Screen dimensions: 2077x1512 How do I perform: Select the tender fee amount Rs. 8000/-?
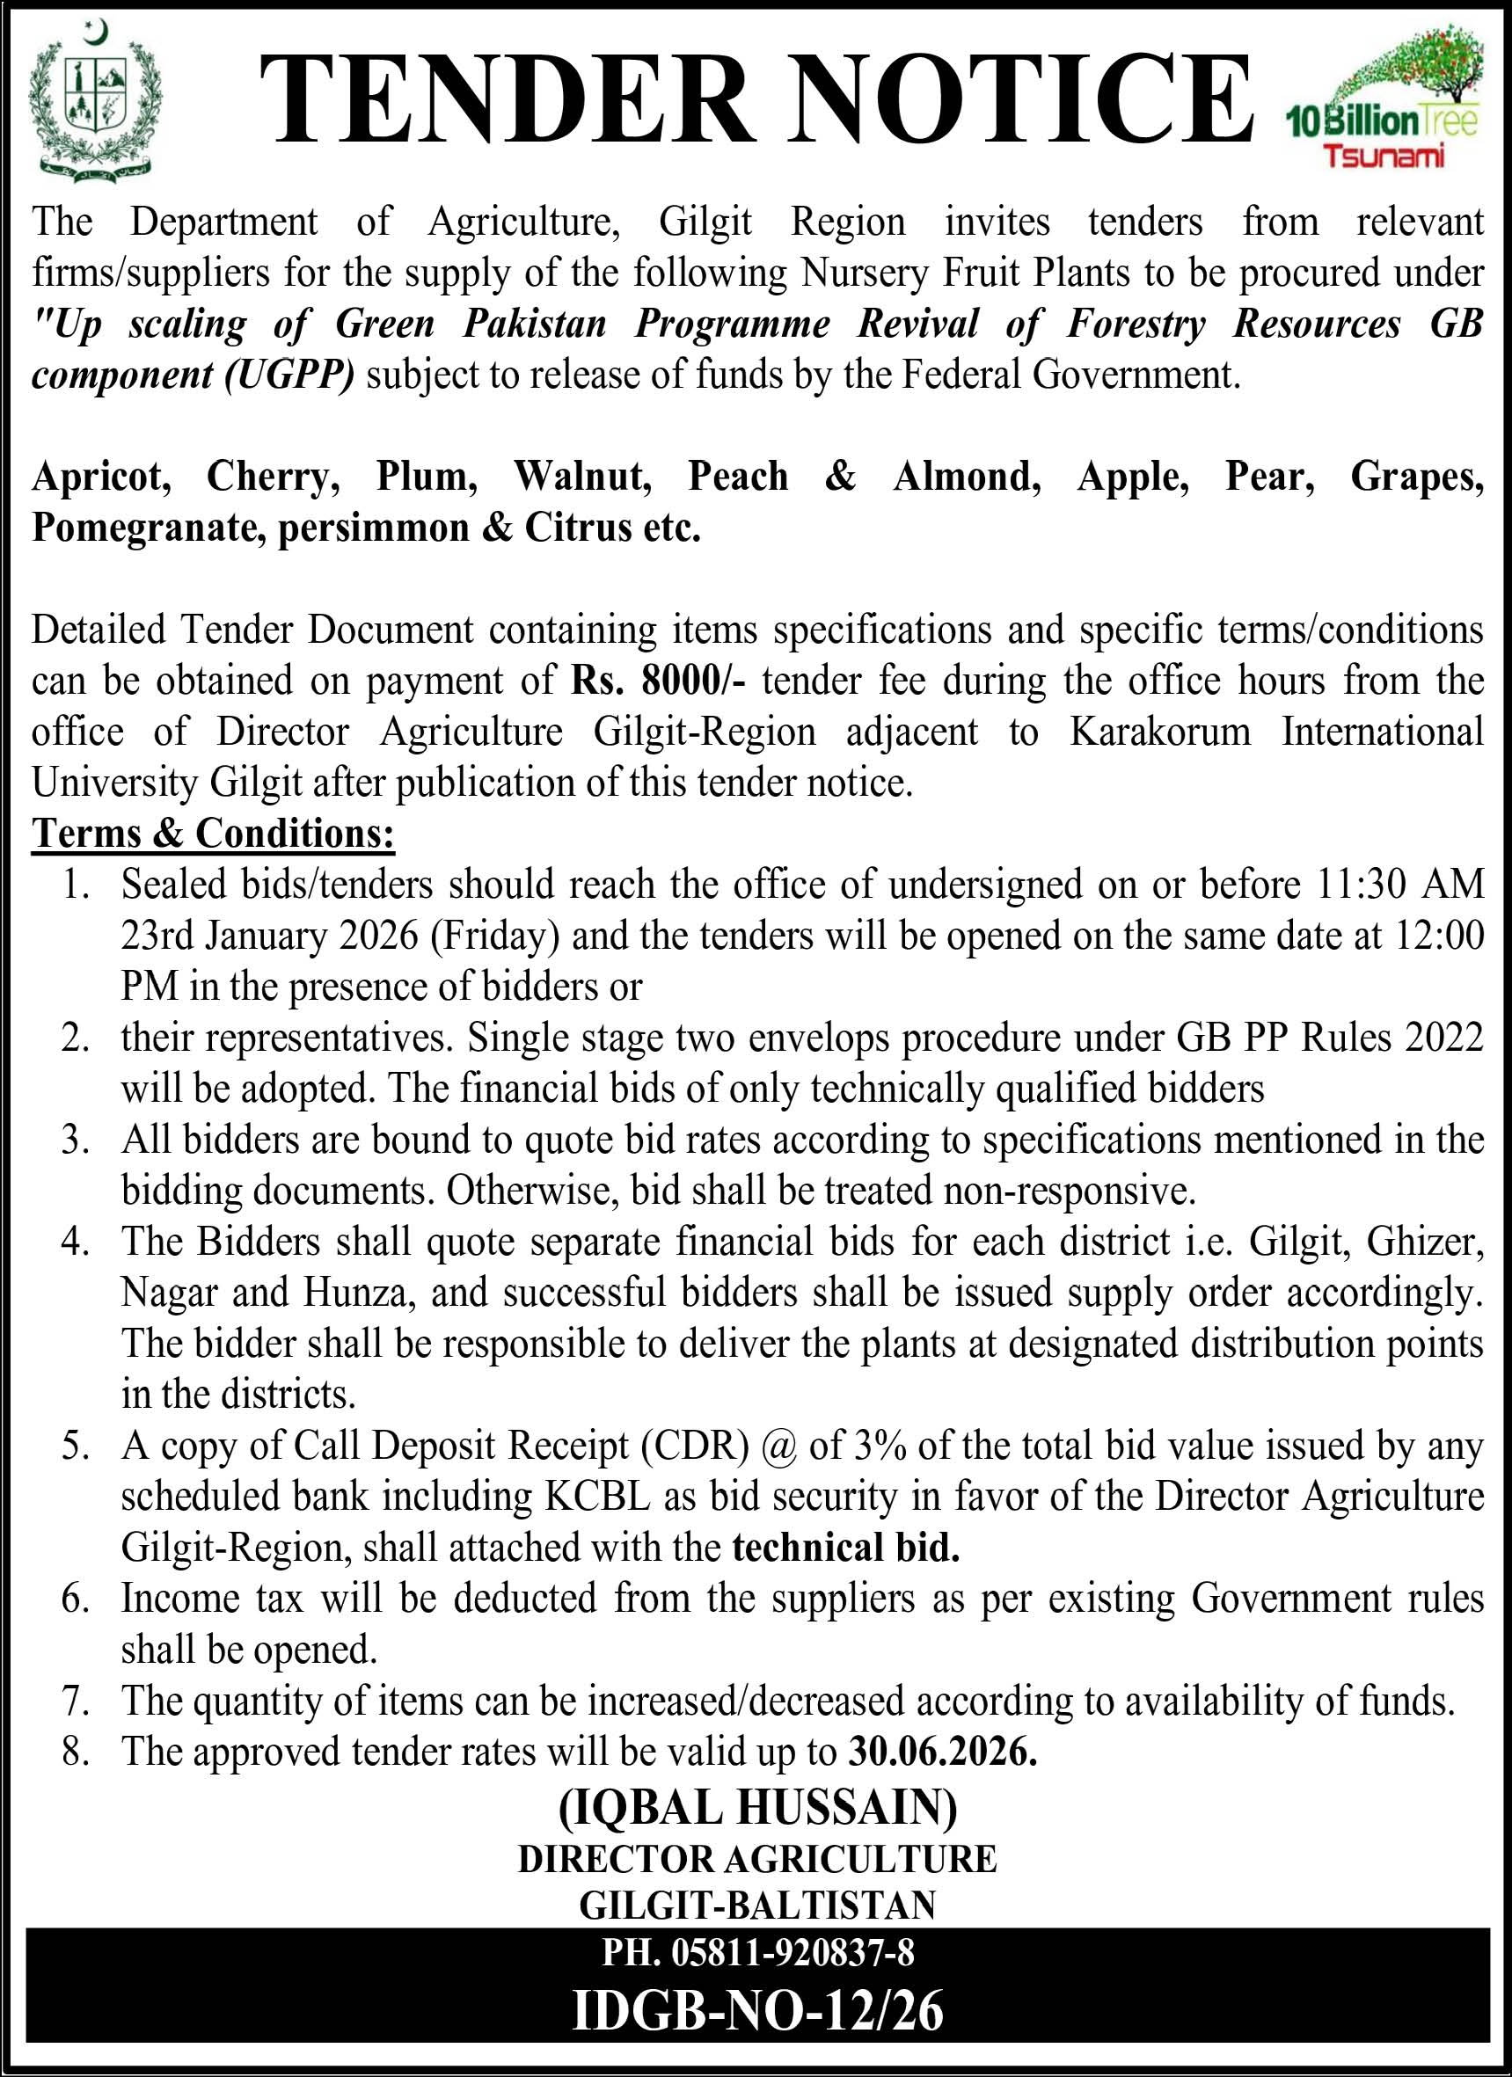659,681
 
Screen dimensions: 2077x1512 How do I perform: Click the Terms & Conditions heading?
214,834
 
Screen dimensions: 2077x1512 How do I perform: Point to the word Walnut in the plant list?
582,477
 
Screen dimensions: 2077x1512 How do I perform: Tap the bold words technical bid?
846,1548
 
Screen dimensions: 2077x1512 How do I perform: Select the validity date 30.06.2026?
943,1752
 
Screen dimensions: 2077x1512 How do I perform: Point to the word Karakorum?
1159,732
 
